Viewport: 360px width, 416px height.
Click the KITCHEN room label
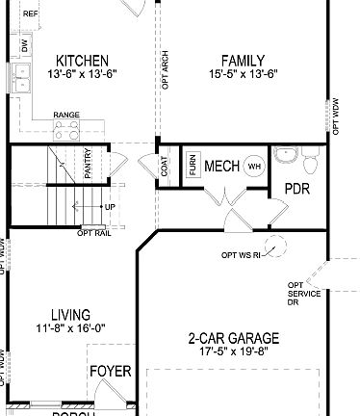pos(82,60)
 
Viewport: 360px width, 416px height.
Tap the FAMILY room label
pos(243,59)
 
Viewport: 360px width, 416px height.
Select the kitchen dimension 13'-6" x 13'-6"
pos(82,74)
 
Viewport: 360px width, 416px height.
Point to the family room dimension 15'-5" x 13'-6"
pos(243,74)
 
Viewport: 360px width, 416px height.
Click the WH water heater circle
pos(255,166)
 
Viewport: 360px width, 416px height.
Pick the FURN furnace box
pos(193,165)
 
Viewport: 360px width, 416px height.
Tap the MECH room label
pos(221,166)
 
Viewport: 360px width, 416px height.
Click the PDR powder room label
pos(296,189)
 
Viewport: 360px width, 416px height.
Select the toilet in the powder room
pos(287,156)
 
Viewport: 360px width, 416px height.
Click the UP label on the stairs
pos(110,206)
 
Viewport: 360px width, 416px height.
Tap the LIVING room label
pos(71,315)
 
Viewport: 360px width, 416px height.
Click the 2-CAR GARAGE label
pos(235,338)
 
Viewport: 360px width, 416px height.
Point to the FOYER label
pos(110,372)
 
